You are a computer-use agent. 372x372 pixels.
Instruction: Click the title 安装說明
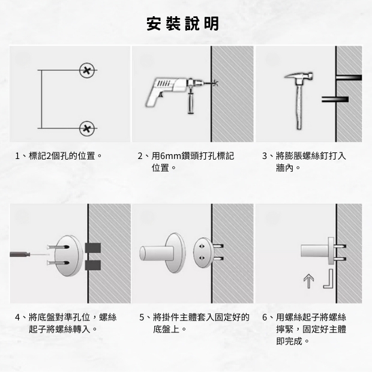click(183, 24)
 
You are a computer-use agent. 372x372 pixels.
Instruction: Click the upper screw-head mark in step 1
click(87, 71)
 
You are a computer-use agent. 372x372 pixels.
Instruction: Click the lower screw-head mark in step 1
click(87, 127)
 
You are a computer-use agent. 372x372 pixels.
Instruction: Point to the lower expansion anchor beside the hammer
click(335, 98)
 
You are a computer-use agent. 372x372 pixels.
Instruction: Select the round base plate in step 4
click(68, 254)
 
